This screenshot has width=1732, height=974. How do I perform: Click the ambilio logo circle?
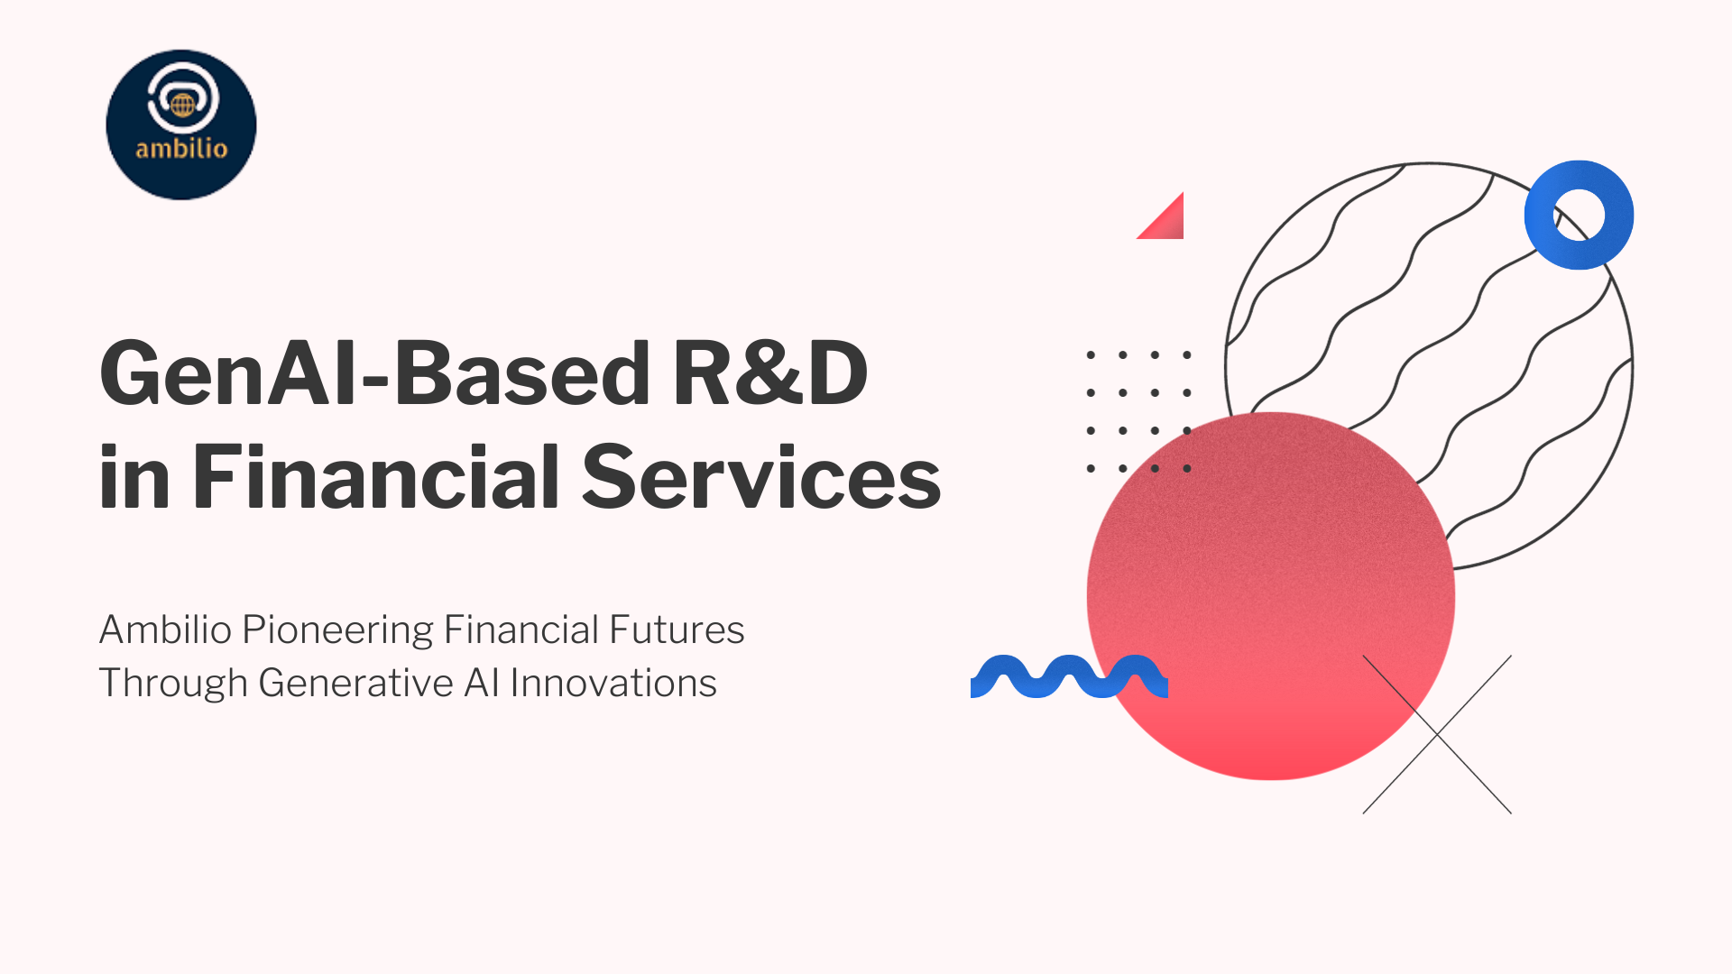pos(181,124)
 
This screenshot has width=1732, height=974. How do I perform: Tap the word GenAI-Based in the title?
pos(374,373)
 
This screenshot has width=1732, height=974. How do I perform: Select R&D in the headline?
pos(770,372)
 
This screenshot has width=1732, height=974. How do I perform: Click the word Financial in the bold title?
pos(376,475)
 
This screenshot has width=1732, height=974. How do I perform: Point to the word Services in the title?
pos(761,476)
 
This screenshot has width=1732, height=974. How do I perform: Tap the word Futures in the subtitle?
pos(677,629)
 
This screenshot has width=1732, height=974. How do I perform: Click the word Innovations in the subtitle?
pos(613,683)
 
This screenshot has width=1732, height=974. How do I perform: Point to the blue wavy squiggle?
pos(1069,676)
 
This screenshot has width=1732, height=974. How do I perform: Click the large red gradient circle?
pos(1270,596)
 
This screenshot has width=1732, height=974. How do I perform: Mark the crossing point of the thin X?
pos(1437,734)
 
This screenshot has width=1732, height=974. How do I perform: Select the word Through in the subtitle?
pos(173,684)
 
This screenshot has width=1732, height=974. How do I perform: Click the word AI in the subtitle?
pos(482,683)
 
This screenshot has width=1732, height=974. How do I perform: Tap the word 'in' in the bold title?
pos(134,475)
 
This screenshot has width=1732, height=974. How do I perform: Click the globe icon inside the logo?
pos(183,105)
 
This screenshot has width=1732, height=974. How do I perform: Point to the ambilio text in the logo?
pos(181,148)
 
